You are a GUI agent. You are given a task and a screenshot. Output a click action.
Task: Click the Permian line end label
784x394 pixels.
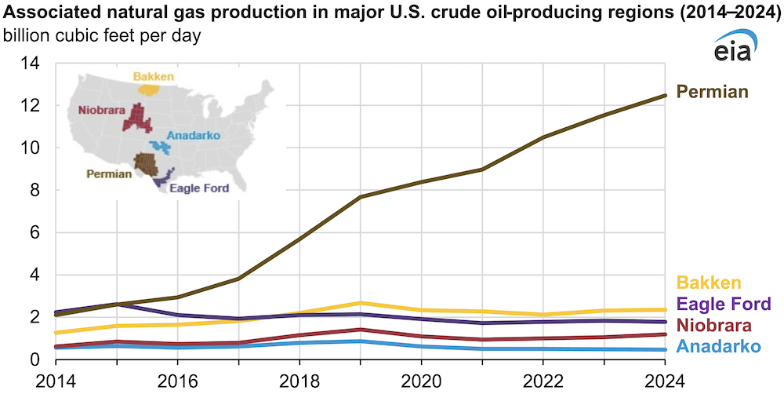(x=713, y=92)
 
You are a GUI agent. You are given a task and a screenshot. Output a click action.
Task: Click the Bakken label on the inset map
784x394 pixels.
(x=154, y=76)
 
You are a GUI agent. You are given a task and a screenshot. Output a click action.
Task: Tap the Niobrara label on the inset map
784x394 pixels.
(x=101, y=111)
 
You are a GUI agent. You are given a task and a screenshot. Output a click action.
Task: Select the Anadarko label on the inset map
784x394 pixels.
(x=194, y=135)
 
